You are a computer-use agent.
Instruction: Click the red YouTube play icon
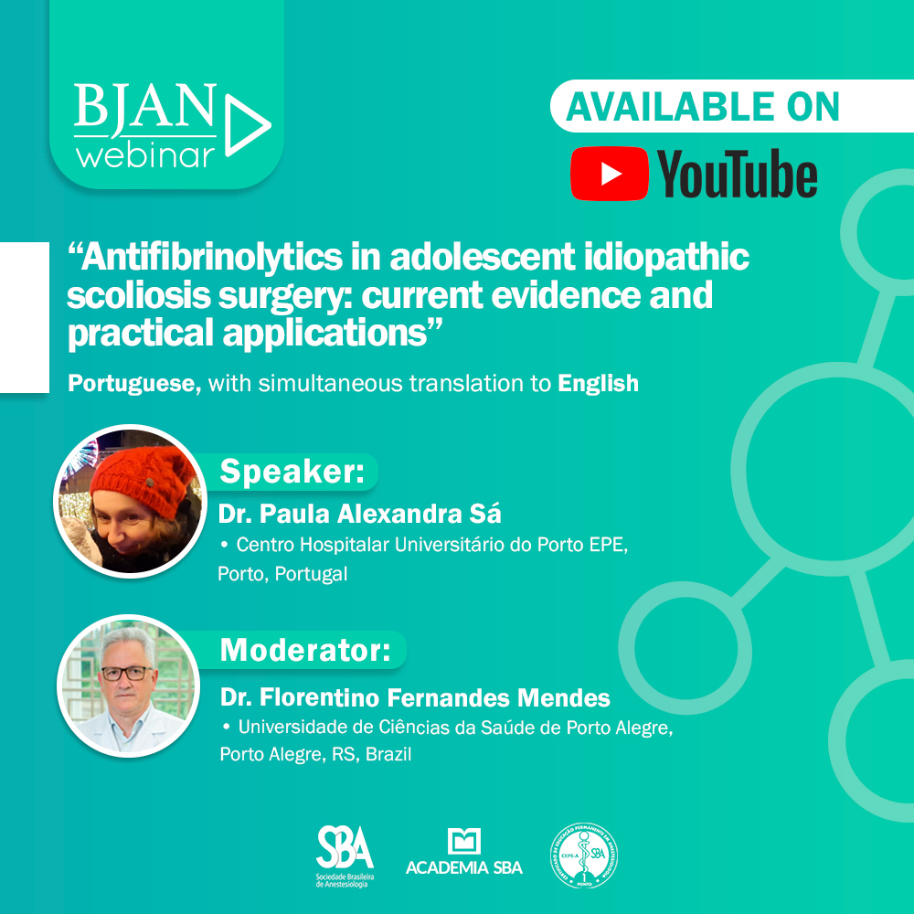tap(610, 173)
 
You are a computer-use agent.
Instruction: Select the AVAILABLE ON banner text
tap(703, 107)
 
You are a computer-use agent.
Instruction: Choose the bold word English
tap(598, 384)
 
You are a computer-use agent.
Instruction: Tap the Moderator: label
tap(305, 651)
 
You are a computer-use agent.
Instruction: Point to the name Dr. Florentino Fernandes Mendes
tap(415, 698)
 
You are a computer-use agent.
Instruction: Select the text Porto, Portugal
tap(282, 575)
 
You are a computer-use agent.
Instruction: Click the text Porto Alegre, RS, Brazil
tap(315, 756)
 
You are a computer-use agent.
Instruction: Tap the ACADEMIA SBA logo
tap(464, 853)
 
